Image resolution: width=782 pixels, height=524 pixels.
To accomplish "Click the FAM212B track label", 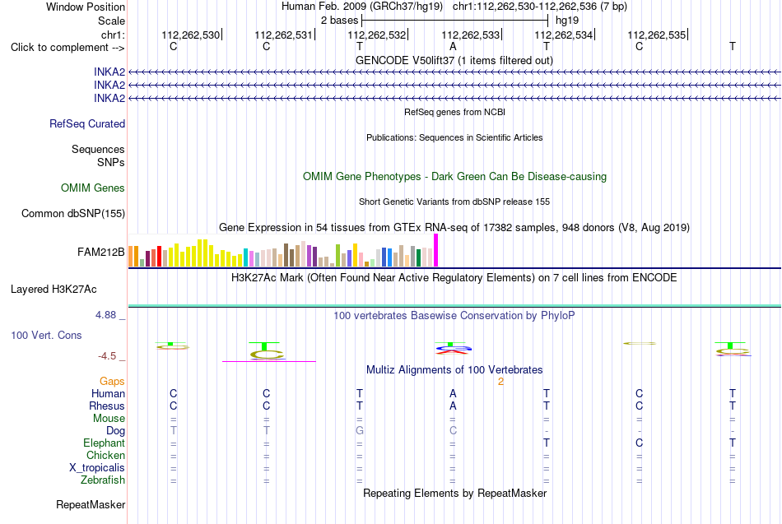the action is (x=100, y=253).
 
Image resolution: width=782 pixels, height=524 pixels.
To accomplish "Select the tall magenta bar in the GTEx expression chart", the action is (x=436, y=250).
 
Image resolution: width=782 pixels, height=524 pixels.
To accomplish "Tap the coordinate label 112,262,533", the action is (x=470, y=35).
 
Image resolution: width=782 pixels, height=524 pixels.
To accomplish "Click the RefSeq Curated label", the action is (x=87, y=123).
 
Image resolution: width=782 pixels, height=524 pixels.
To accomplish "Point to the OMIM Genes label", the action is (x=93, y=188).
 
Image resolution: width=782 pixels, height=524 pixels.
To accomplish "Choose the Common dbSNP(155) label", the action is (x=73, y=213).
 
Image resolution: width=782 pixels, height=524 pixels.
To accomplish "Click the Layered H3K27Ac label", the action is (x=54, y=290).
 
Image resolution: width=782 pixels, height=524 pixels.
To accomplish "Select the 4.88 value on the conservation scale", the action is (x=105, y=315).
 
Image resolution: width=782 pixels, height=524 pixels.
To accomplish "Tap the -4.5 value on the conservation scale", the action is (x=107, y=356).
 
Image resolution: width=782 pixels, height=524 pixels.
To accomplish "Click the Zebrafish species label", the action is (x=103, y=480).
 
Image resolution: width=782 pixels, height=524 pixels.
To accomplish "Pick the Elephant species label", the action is (x=105, y=443).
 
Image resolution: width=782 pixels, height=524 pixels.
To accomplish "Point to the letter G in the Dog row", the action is (x=360, y=431).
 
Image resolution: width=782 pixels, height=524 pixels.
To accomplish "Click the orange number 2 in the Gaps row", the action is (x=500, y=382).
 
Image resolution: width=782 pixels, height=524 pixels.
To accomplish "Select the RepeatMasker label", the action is (x=91, y=505).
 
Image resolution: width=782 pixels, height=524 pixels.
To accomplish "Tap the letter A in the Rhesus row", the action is (x=453, y=406).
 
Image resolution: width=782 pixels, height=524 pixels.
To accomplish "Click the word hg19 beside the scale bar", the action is (x=567, y=21).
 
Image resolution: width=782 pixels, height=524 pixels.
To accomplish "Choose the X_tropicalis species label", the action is (x=97, y=468).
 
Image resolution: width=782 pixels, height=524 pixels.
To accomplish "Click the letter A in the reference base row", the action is (x=453, y=46).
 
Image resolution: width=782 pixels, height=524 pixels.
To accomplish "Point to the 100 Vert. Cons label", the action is (x=46, y=335).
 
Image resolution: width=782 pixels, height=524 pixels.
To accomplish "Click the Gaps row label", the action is (x=112, y=382).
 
